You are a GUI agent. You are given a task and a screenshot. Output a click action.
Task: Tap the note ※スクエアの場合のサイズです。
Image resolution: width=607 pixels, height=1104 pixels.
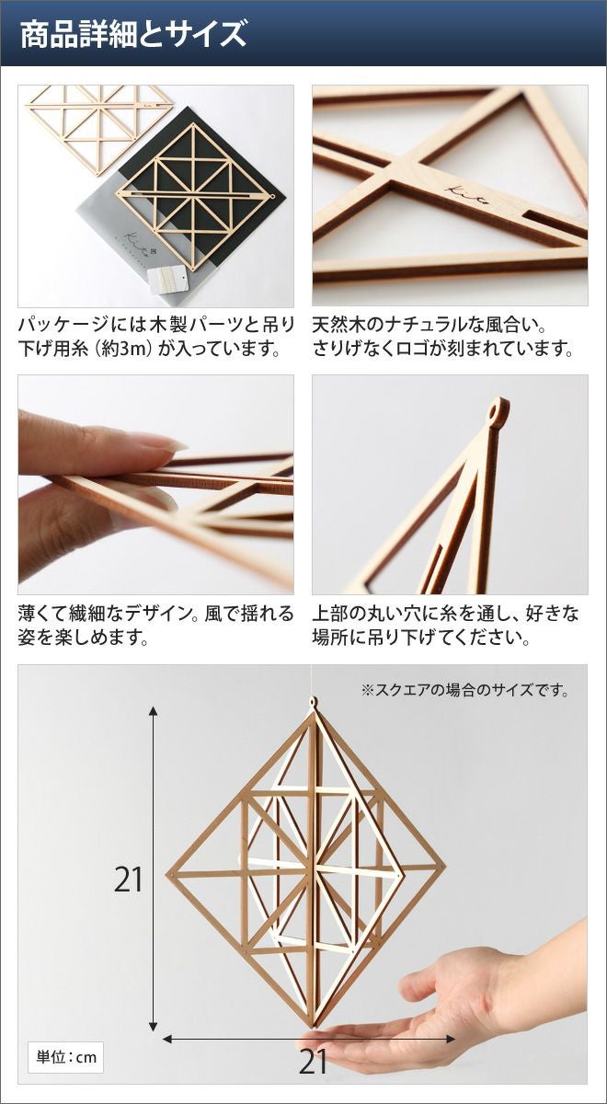coord(465,690)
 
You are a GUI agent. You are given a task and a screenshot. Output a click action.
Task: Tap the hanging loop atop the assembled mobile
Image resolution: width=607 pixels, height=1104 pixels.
coord(313,702)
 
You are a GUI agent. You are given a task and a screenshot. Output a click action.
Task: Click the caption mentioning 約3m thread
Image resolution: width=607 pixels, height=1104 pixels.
coord(155,338)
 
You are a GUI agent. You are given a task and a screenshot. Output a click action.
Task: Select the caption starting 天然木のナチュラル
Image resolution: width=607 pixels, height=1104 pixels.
coord(443,338)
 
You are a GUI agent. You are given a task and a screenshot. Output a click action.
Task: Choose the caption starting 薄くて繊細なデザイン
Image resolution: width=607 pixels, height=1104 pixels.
coord(155,626)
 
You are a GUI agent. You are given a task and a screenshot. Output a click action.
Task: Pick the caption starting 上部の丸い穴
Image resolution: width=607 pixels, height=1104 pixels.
coord(445,626)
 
